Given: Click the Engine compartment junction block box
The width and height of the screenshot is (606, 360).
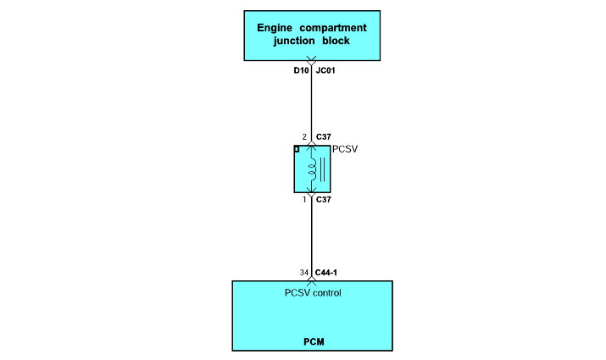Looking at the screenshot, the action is click(312, 36).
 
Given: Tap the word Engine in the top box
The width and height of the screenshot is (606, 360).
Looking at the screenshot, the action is click(275, 28).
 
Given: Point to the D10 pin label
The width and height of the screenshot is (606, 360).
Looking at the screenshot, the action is click(301, 70).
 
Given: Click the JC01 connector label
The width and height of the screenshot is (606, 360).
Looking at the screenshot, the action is click(325, 70).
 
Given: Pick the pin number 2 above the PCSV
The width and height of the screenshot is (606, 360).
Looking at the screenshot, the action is click(304, 136).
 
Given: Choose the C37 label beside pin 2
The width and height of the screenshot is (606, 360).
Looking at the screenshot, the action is click(324, 136).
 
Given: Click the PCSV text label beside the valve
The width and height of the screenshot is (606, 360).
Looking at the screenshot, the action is click(345, 149).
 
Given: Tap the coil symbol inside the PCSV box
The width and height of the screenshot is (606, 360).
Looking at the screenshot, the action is click(312, 169).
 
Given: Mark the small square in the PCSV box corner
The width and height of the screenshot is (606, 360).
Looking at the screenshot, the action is click(297, 149).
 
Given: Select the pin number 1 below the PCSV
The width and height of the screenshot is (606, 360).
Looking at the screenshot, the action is click(304, 200).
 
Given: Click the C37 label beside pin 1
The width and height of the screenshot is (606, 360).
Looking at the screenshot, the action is click(324, 200).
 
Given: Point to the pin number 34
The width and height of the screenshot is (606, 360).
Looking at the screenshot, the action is click(304, 273).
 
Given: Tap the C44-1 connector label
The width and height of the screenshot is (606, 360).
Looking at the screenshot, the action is click(326, 273).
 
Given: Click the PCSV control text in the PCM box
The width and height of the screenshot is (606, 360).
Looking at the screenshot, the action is click(313, 293).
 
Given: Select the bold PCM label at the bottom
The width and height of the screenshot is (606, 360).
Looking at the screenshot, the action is click(314, 342).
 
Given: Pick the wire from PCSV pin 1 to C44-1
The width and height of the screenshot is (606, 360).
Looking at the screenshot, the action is click(312, 236).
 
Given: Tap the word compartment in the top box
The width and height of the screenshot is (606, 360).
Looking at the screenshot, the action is click(333, 28).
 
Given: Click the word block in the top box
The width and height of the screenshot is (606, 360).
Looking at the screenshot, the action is click(336, 41).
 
